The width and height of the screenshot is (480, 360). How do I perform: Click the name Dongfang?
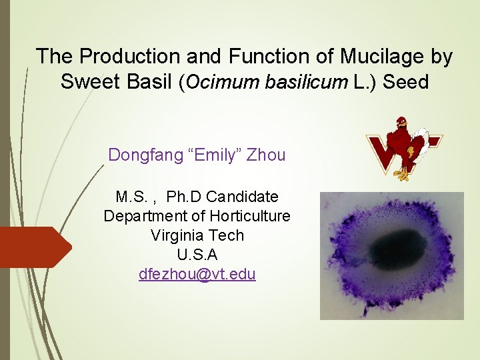point(142,155)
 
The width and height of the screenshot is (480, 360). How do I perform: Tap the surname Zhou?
point(265,155)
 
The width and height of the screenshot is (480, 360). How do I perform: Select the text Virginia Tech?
point(197,235)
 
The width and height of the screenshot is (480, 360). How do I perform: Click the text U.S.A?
point(197,255)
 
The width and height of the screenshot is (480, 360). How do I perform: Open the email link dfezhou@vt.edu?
point(197,274)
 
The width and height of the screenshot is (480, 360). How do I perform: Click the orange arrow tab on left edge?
point(33,247)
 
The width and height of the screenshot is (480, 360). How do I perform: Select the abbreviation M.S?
point(130,197)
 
